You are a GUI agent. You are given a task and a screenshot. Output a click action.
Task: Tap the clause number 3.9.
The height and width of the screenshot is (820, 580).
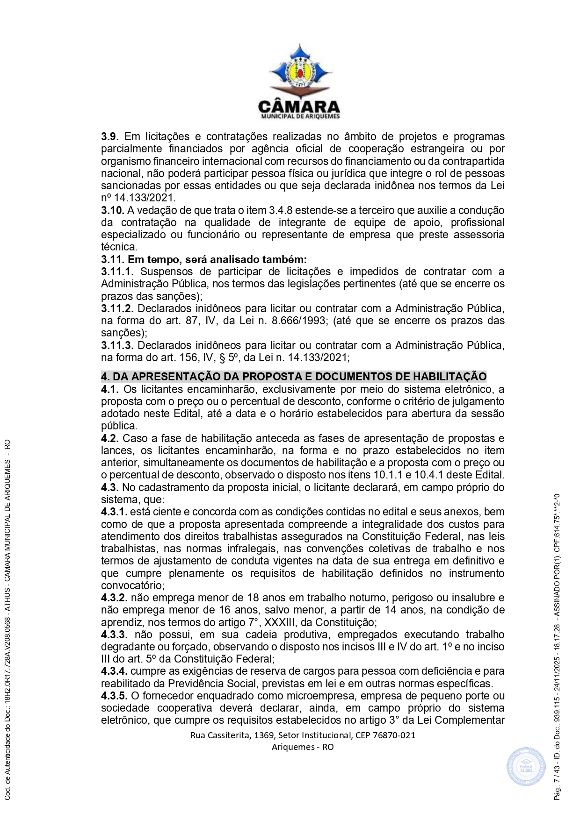point(109,137)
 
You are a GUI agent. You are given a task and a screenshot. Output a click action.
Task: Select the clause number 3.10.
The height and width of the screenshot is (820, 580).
point(112,211)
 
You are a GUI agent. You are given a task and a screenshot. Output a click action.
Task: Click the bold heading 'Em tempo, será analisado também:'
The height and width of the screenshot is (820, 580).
point(217,259)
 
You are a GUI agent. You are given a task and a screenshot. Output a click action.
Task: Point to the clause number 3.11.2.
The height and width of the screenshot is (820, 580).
point(117,309)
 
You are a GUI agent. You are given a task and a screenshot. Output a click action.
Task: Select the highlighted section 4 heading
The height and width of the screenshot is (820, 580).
point(294,377)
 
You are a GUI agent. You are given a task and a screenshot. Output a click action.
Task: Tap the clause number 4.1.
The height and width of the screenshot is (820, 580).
point(109,390)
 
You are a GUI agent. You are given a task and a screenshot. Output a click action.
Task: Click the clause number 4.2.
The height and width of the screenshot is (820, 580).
point(109,439)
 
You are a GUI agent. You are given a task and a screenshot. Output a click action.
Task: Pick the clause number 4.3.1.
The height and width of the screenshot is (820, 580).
point(114,512)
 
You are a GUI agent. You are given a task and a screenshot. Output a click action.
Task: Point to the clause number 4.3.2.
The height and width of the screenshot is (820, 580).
point(114,598)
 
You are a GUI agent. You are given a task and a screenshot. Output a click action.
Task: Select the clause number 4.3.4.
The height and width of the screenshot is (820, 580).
point(114,671)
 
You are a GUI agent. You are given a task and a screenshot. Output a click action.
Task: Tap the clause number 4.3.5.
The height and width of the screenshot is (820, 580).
point(114,696)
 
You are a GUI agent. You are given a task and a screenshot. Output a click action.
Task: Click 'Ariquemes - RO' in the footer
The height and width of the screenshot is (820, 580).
point(303,747)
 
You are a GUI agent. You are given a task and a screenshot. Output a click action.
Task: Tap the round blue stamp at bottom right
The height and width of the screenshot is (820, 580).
point(526,767)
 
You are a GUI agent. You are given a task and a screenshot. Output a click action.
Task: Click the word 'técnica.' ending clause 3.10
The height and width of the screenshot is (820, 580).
point(119,247)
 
